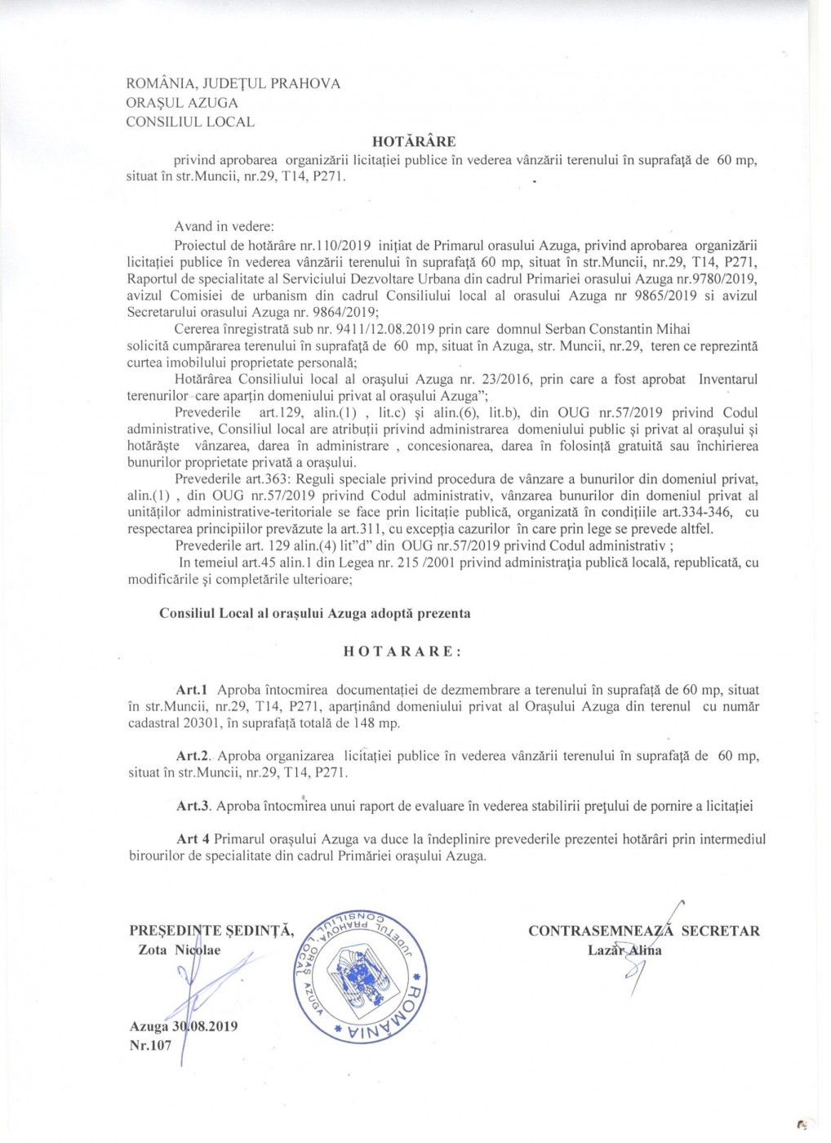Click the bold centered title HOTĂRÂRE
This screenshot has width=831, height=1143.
click(x=414, y=142)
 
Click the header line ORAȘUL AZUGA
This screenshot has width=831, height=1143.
click(x=182, y=103)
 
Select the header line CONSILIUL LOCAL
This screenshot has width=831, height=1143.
click(x=190, y=122)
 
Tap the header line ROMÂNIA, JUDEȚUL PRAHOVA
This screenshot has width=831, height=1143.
click(x=233, y=83)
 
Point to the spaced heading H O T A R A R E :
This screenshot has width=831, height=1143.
click(x=402, y=652)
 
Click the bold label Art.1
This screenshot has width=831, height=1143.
click(x=192, y=691)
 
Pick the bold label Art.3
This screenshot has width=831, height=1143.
click(x=193, y=806)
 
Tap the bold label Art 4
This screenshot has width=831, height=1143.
click(x=193, y=838)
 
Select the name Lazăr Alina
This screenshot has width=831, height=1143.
click(x=624, y=950)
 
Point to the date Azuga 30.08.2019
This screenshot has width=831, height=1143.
click(x=184, y=1026)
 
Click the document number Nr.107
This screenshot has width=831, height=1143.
click(x=151, y=1045)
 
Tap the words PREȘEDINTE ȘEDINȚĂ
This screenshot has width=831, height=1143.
click(x=212, y=931)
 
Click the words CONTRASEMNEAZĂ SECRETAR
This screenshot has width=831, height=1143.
click(x=644, y=931)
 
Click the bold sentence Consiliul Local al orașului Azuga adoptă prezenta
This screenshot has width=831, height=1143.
click(x=315, y=613)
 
